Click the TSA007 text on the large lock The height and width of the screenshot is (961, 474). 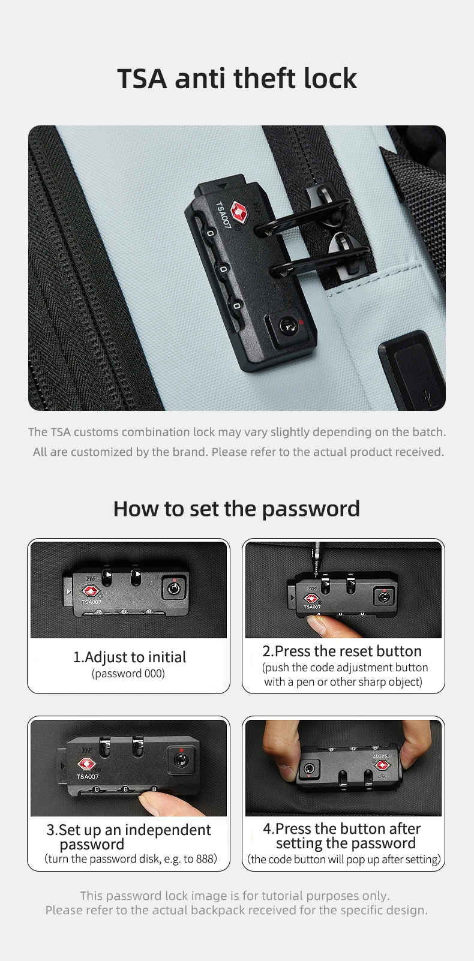(223, 215)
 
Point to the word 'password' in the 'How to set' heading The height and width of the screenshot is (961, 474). (311, 509)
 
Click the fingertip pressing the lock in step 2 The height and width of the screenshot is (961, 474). (320, 624)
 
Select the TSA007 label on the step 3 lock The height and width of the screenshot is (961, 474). (88, 776)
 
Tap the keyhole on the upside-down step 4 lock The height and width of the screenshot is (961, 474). (308, 767)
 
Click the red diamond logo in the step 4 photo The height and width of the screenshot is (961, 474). (382, 765)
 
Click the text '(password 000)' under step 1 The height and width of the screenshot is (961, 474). (128, 674)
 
